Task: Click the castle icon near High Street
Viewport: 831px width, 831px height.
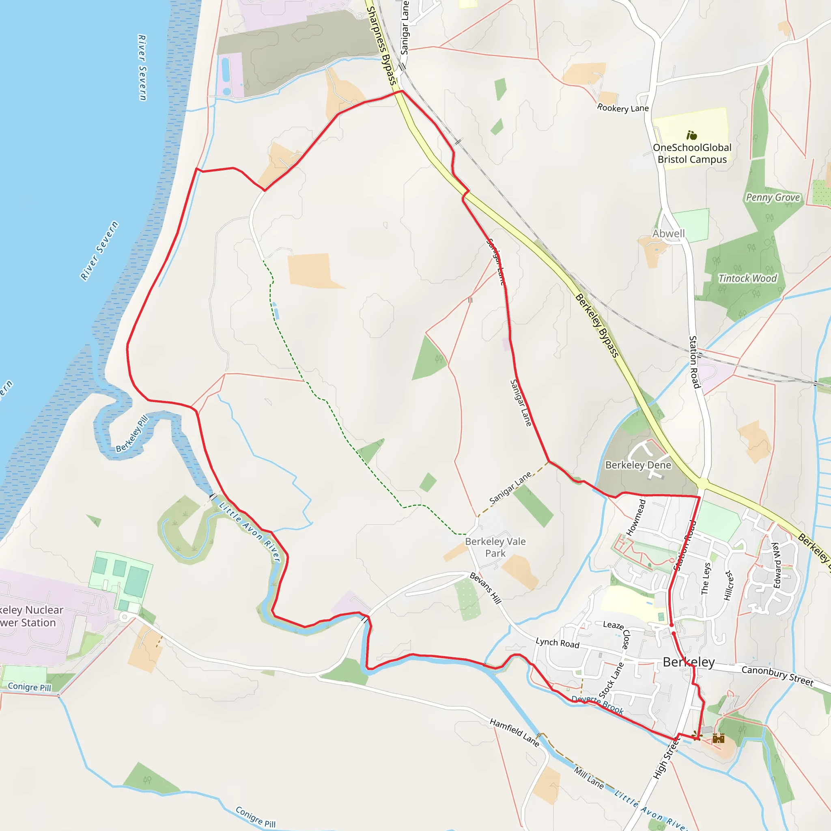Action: pyautogui.click(x=718, y=738)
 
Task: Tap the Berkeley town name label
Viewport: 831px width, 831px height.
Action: pyautogui.click(x=689, y=662)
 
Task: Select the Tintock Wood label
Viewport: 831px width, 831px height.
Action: pyautogui.click(x=747, y=279)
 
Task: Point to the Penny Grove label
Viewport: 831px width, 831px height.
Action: pyautogui.click(x=773, y=198)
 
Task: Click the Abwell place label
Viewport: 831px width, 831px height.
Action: pyautogui.click(x=668, y=234)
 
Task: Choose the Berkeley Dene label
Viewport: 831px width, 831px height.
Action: pyautogui.click(x=638, y=465)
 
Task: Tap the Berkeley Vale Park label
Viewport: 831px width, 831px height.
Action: pyautogui.click(x=495, y=547)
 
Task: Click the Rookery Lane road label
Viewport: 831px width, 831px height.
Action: pyautogui.click(x=623, y=108)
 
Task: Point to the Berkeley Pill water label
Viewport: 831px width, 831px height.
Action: pyautogui.click(x=132, y=434)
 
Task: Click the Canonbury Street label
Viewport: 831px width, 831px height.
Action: pyautogui.click(x=777, y=676)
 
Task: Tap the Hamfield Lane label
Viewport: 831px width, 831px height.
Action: pyautogui.click(x=515, y=732)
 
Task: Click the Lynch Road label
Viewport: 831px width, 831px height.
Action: pyautogui.click(x=558, y=643)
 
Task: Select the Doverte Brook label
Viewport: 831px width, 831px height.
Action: pyautogui.click(x=597, y=704)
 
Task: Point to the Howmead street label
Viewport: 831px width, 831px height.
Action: pyautogui.click(x=636, y=517)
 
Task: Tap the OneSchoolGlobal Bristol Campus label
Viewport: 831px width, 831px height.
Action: pyautogui.click(x=692, y=153)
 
